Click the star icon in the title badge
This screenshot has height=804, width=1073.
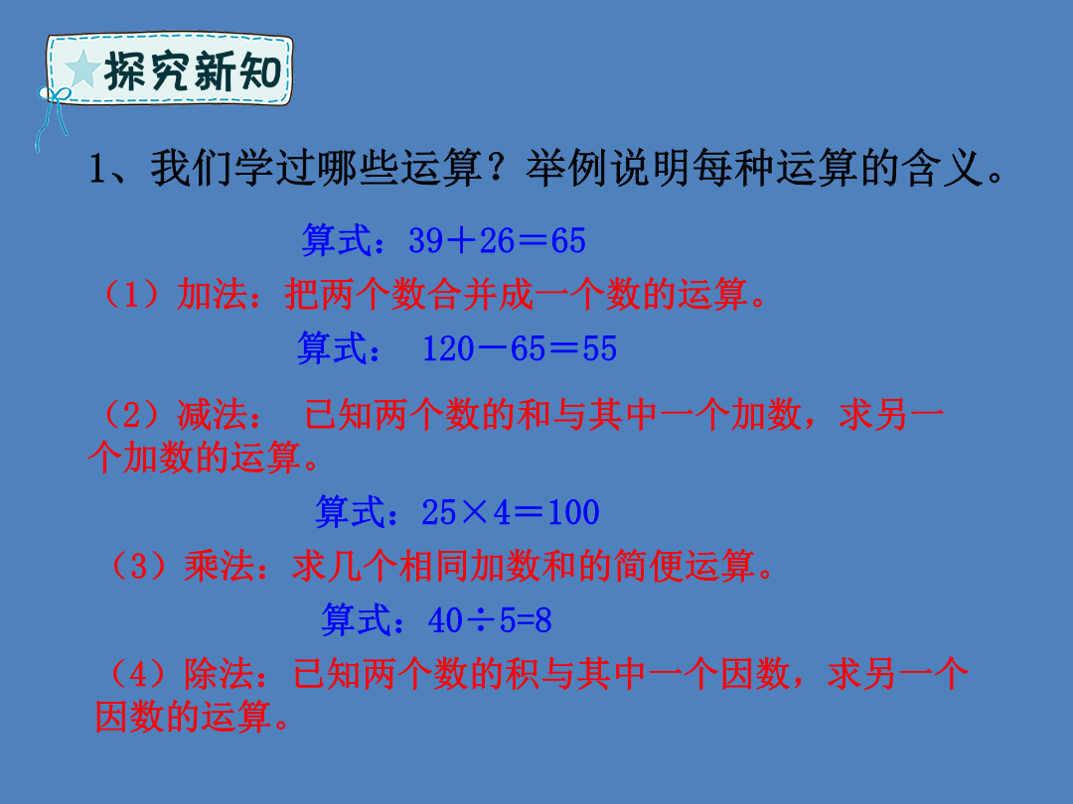[82, 69]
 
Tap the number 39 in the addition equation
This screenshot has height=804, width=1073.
[425, 240]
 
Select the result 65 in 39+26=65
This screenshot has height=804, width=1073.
[568, 240]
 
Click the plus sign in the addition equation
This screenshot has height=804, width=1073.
[461, 240]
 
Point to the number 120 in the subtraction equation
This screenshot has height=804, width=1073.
[448, 348]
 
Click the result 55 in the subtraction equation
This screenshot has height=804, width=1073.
[599, 348]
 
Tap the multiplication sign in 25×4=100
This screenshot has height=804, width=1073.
[474, 512]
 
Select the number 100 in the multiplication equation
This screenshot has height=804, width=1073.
[573, 512]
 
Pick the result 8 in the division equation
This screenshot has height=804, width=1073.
[543, 620]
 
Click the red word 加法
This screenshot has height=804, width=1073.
[212, 295]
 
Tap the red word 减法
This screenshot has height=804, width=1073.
[213, 415]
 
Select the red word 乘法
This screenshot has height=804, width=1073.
[219, 566]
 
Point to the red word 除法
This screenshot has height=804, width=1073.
[219, 674]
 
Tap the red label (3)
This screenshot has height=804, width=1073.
[139, 566]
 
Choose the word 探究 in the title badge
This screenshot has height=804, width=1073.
[144, 70]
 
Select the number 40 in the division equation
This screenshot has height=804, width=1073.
[445, 620]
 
